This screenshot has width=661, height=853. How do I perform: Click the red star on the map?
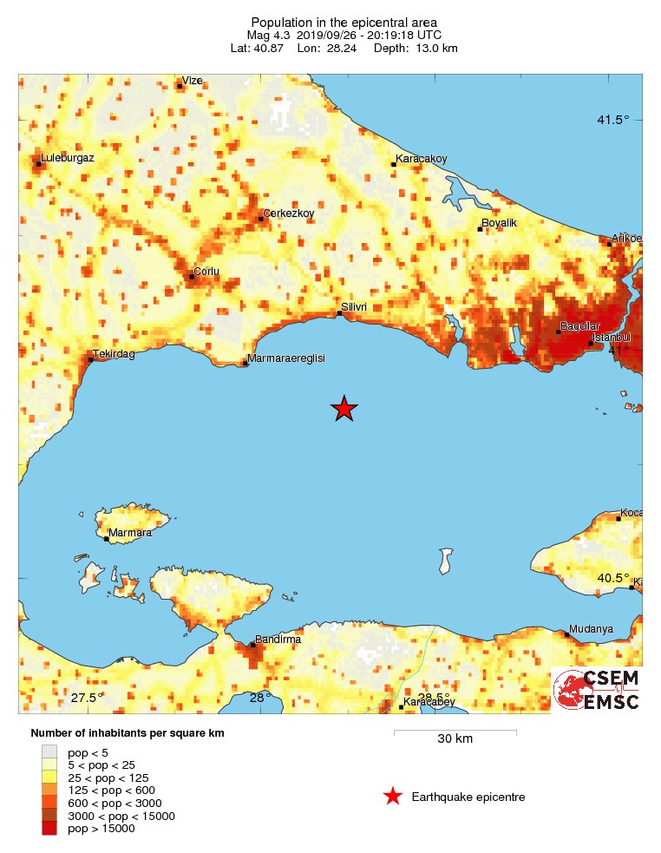pyautogui.click(x=344, y=408)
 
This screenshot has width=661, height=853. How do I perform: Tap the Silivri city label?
pyautogui.click(x=355, y=307)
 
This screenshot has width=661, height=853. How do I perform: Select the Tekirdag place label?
pyautogui.click(x=115, y=354)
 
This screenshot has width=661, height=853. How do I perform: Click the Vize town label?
pyautogui.click(x=192, y=81)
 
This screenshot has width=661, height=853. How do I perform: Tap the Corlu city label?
pyautogui.click(x=206, y=272)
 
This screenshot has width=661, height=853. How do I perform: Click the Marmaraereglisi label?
pyautogui.click(x=285, y=358)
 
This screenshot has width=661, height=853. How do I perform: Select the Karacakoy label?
pyautogui.click(x=421, y=159)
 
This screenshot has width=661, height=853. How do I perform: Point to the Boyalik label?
pyautogui.click(x=499, y=224)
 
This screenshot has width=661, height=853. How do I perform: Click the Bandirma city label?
pyautogui.click(x=277, y=640)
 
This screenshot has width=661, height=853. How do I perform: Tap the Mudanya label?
pyautogui.click(x=591, y=629)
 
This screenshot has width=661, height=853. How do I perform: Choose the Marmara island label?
pyautogui.click(x=130, y=533)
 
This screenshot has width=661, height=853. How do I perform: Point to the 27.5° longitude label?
pyautogui.click(x=88, y=698)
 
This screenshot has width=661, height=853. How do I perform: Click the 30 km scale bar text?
pyautogui.click(x=455, y=739)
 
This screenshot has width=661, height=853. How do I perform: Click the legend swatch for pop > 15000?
pyautogui.click(x=50, y=829)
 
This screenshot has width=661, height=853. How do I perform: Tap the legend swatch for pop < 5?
pyautogui.click(x=50, y=752)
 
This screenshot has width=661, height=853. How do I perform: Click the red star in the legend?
pyautogui.click(x=393, y=797)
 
